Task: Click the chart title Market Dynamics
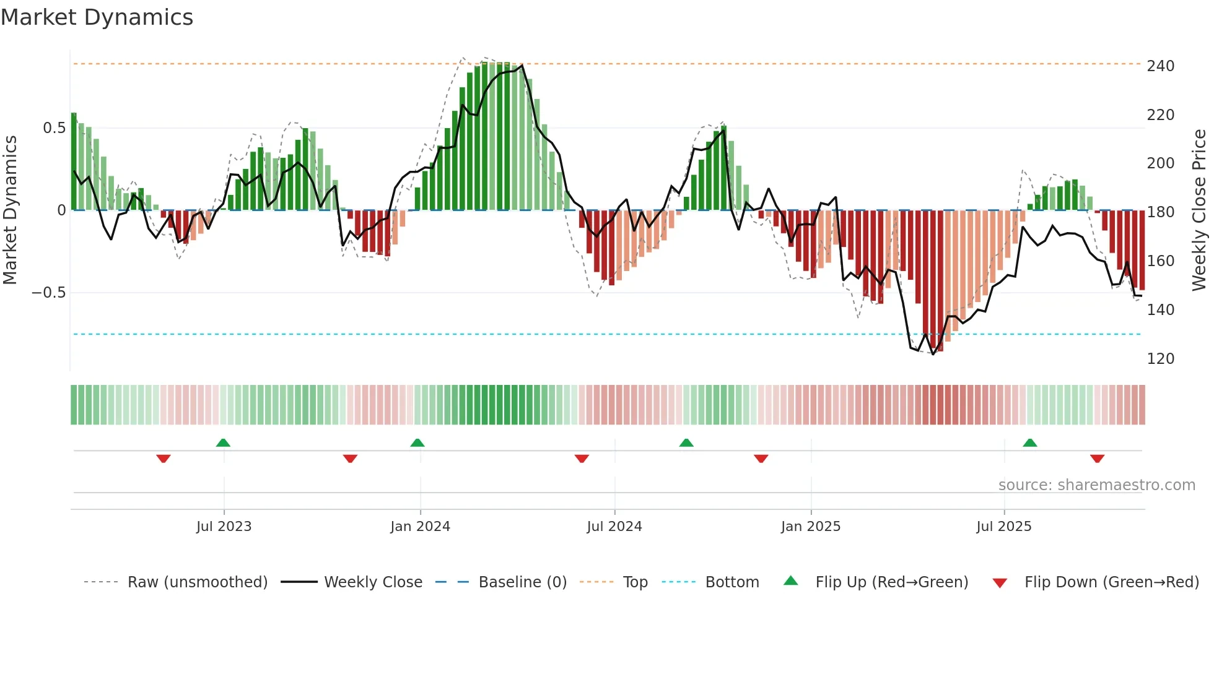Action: pos(97,17)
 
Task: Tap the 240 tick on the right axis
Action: pos(1160,66)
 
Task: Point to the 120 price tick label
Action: pos(1160,359)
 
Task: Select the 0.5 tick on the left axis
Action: pos(54,128)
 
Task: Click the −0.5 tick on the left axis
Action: pos(48,293)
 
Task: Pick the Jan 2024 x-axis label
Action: pos(420,527)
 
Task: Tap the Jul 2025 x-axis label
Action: pos(1003,527)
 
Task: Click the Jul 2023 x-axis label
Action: pos(224,527)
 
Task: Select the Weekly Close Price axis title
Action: pos(1199,210)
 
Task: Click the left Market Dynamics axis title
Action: pos(10,210)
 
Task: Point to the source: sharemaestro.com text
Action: pos(1096,485)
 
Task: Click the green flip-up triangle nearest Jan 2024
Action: pos(417,443)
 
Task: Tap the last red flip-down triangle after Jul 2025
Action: pos(1097,459)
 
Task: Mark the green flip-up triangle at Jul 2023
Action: pos(223,443)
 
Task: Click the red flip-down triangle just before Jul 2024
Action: pos(582,459)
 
